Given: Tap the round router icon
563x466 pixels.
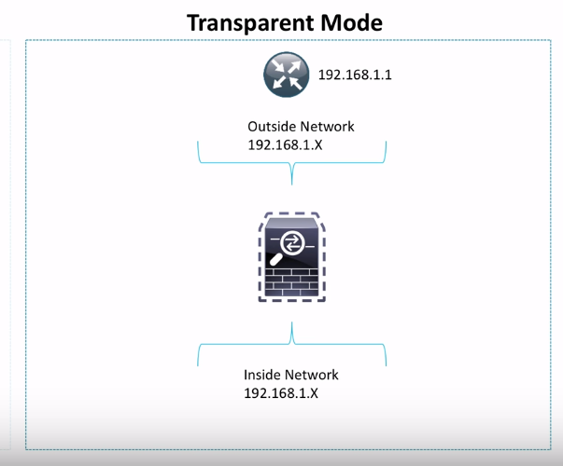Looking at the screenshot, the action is point(285,75).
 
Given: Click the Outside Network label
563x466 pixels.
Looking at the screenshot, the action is point(301,127).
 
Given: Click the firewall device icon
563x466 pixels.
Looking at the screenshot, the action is point(292,257).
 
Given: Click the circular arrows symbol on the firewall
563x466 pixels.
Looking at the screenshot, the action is point(293,242).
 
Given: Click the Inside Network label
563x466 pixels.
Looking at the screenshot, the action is point(291,375).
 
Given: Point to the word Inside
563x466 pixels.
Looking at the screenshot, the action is point(263,375).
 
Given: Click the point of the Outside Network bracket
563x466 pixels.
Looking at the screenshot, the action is point(293,180).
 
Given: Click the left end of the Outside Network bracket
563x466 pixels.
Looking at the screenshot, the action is point(199,144).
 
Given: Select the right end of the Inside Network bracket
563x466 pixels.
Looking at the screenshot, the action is point(386,363).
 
